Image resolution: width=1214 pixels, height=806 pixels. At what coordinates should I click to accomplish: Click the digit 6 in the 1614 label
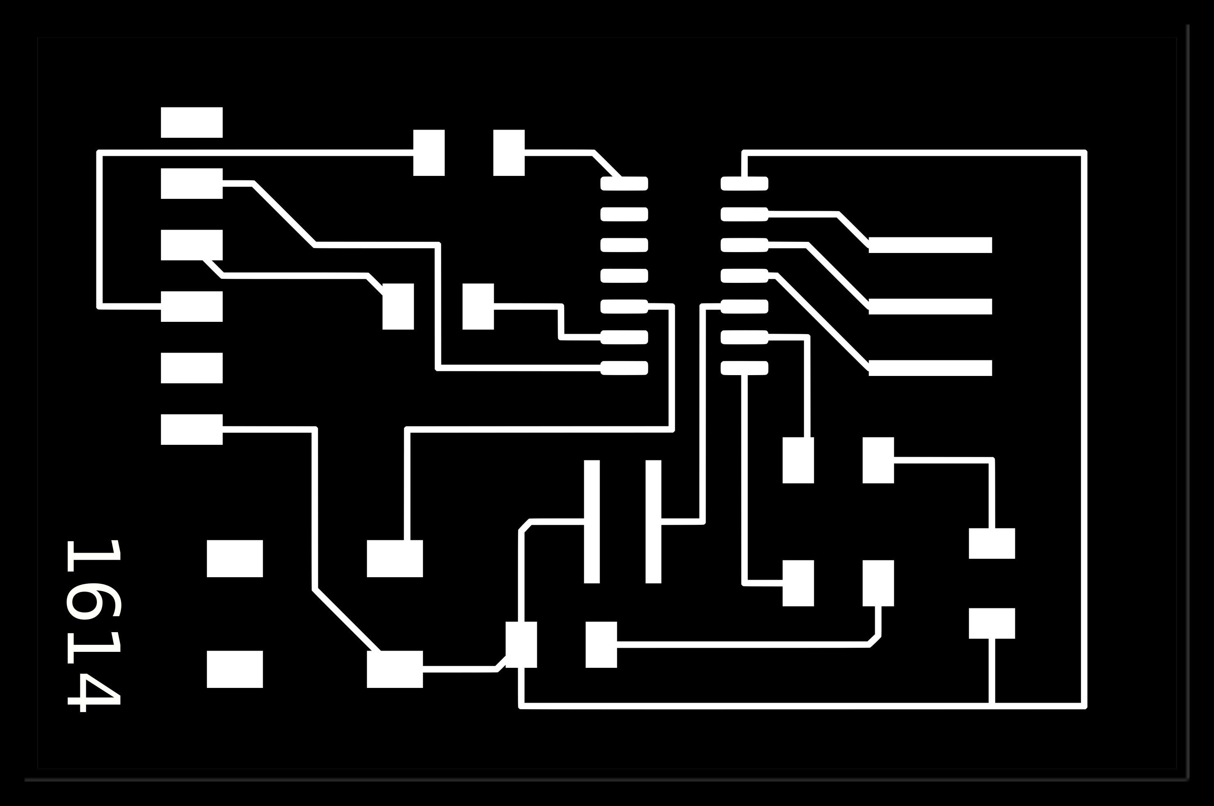pos(94,601)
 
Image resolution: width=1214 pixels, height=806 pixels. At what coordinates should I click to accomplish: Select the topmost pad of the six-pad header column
pos(191,122)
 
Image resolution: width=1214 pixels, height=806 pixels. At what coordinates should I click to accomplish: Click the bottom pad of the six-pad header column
pos(191,429)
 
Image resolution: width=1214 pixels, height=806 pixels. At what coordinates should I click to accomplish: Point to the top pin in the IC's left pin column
pos(624,184)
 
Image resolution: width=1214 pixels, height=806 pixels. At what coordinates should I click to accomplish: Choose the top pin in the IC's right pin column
pos(744,184)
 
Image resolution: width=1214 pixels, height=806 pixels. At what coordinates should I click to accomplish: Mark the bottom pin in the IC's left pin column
pos(624,368)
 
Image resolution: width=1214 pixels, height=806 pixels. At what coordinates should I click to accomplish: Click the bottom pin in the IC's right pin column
pos(744,368)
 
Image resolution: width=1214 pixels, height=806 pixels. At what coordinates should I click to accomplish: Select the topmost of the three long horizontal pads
pos(930,245)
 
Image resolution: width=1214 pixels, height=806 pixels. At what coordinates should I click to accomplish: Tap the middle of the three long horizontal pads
pos(930,306)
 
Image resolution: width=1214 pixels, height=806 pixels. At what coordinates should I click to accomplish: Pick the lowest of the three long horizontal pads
pos(930,368)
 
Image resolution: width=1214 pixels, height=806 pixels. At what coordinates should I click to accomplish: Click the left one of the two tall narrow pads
pos(592,522)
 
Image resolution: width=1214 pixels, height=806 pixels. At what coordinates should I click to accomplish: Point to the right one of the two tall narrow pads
pos(653,522)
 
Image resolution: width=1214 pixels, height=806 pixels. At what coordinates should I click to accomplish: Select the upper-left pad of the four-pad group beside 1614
pos(235,559)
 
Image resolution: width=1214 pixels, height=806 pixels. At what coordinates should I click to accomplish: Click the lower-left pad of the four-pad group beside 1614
pos(235,669)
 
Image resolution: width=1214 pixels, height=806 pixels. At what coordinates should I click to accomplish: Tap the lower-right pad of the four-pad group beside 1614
pos(395,669)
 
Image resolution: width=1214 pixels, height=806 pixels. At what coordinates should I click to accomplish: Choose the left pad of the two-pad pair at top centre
pos(428,153)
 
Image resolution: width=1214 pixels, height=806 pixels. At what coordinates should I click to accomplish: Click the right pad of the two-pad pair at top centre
pos(509,153)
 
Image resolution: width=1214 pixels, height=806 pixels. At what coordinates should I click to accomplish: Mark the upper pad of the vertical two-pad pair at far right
pos(992,543)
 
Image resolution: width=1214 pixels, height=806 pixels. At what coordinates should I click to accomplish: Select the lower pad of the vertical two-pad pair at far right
pos(992,624)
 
